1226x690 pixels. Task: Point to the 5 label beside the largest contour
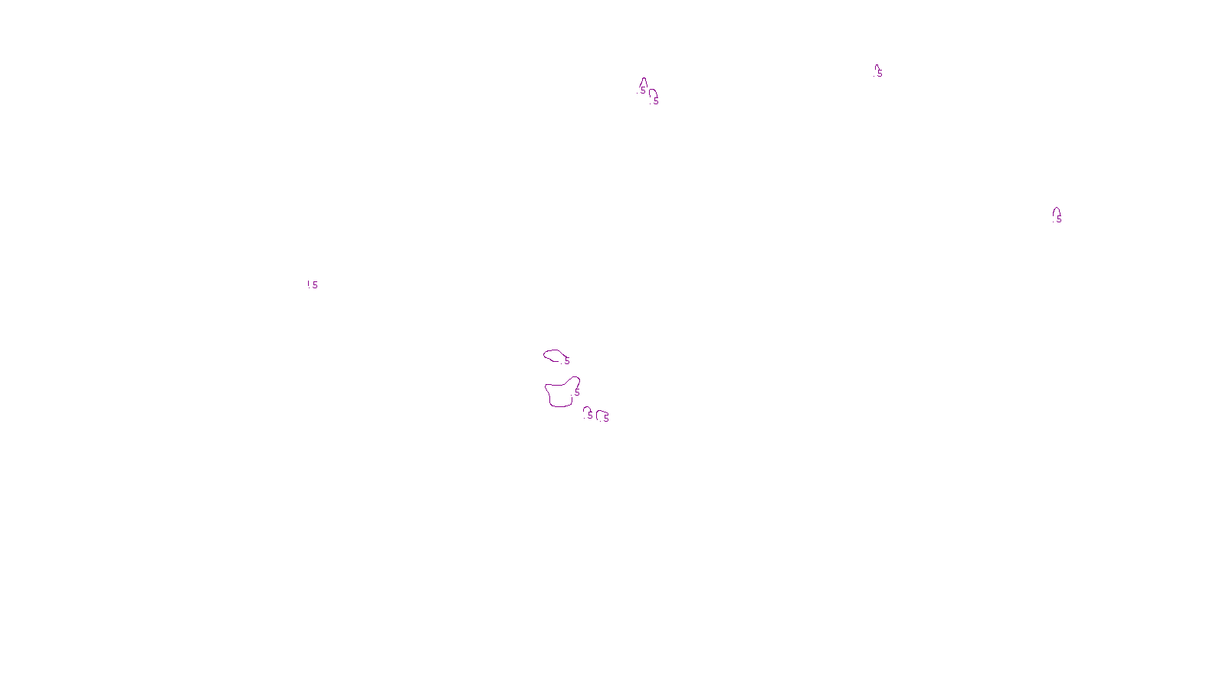coord(577,393)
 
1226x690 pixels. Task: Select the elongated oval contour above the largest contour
coord(552,352)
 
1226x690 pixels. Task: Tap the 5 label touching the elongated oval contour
coord(567,360)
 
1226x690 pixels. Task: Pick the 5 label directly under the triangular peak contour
coord(643,90)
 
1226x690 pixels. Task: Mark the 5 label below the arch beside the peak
coord(656,101)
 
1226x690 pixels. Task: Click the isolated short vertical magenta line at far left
coord(308,284)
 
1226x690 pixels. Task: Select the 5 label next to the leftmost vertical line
coord(315,285)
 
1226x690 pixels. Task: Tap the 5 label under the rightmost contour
coord(1059,219)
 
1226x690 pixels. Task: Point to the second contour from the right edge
coord(876,68)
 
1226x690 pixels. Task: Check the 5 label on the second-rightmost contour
coord(880,74)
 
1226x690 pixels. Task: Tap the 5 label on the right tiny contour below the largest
coord(606,419)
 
